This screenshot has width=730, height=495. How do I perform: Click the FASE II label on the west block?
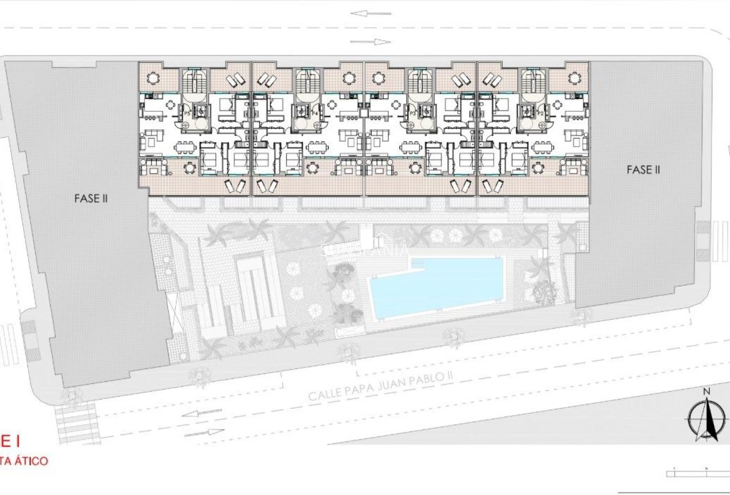click(x=91, y=198)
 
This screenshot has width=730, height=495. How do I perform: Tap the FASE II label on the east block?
click(x=643, y=170)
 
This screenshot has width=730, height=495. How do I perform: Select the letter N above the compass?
click(x=706, y=392)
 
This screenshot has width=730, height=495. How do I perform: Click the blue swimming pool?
click(x=437, y=288)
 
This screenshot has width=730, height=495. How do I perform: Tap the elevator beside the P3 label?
click(x=425, y=111)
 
